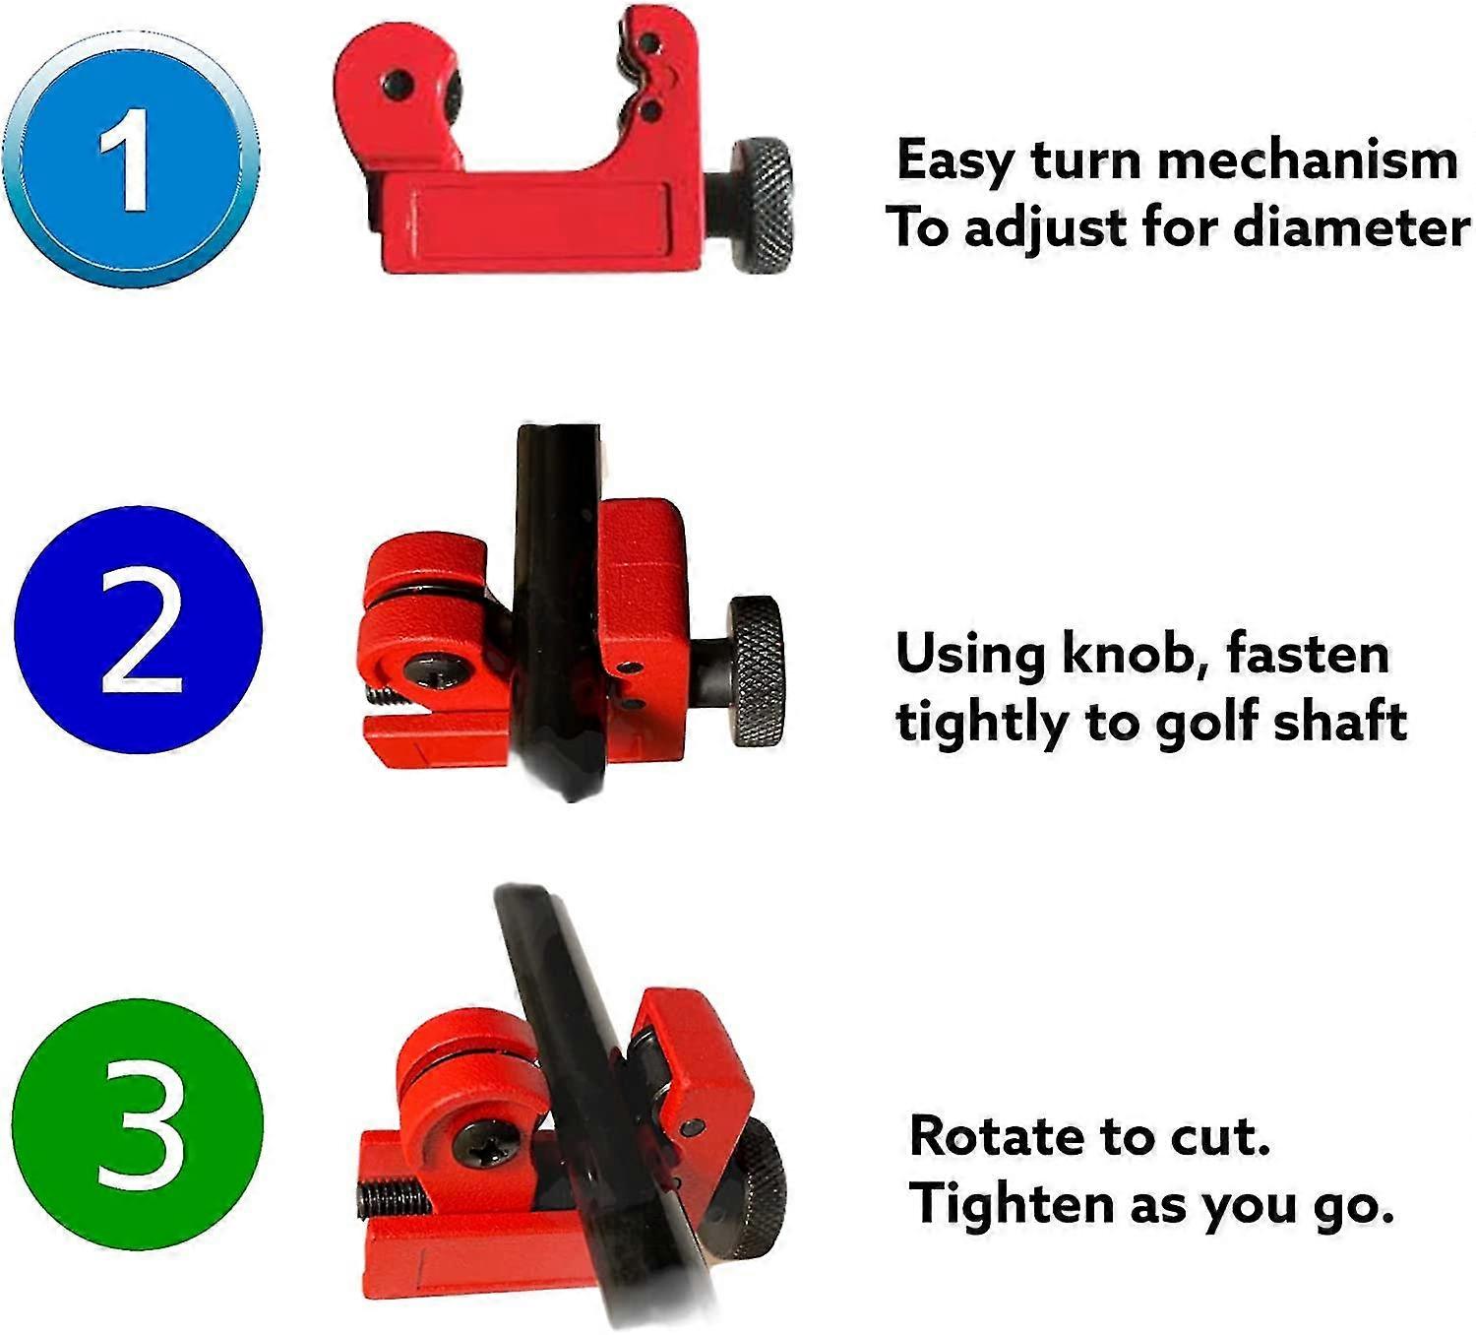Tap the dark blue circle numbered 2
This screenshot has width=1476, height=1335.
pos(139,630)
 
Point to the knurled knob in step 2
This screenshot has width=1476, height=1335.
pos(757,671)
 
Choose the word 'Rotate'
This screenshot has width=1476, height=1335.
pos(995,1136)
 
